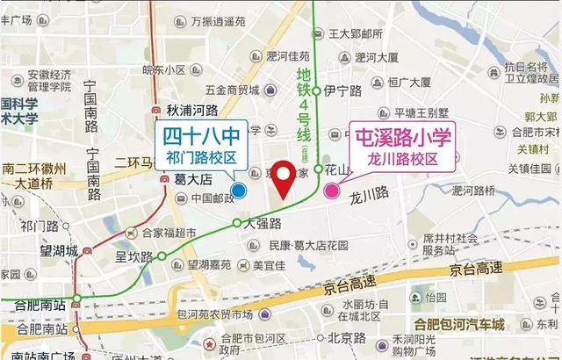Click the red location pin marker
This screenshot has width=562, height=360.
coord(283,178)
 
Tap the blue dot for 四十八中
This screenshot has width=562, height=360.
coord(239,191)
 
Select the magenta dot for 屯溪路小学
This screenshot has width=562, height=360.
coord(332,191)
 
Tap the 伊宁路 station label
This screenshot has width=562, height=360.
coord(343,90)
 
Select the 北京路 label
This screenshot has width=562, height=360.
coord(346,337)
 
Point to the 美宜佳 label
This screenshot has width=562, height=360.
coord(269,264)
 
